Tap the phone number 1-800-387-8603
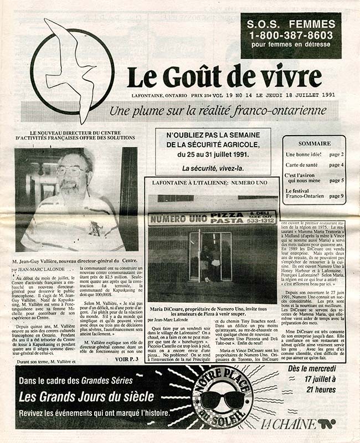(x=290, y=34)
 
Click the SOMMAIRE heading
(x=314, y=143)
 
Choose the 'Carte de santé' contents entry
(x=302, y=165)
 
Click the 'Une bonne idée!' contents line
(x=302, y=154)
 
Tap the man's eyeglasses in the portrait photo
(x=71, y=170)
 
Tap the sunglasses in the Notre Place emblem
(x=222, y=399)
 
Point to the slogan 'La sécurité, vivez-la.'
(x=213, y=168)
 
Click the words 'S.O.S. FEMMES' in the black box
(x=290, y=24)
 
